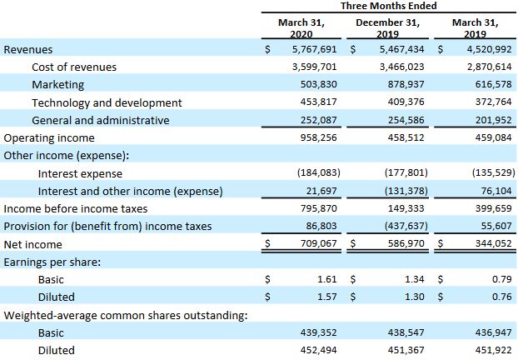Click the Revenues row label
28,49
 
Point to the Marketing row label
57,84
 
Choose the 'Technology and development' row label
107,102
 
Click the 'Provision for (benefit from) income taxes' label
107,226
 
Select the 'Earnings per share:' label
52,262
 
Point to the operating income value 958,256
317,137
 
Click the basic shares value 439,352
317,332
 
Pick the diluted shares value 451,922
487,350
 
